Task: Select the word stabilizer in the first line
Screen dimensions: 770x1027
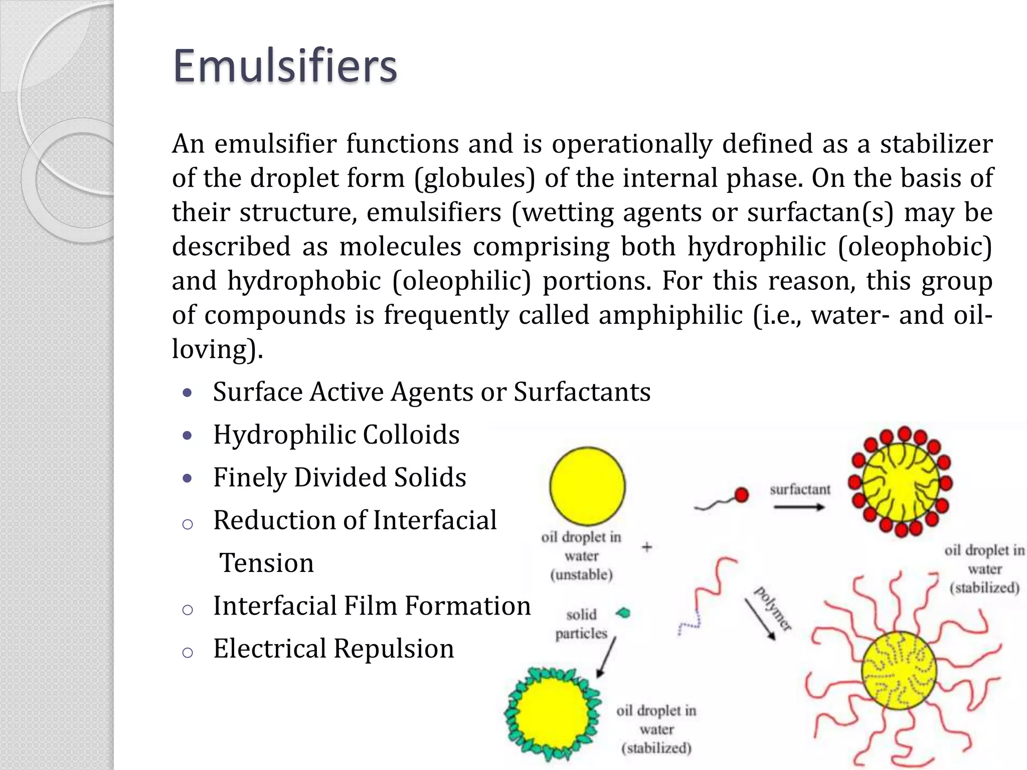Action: point(936,144)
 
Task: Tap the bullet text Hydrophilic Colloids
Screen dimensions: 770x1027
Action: point(336,435)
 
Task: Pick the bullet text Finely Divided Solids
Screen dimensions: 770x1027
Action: point(339,477)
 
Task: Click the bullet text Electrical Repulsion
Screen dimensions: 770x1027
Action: point(333,649)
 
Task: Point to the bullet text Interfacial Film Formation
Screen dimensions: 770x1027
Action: point(372,606)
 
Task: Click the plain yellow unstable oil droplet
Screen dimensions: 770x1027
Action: point(587,486)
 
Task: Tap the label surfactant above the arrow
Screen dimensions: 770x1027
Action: point(800,489)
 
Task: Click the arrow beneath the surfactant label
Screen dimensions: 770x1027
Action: point(799,507)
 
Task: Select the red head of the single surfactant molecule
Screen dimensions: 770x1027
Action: point(741,495)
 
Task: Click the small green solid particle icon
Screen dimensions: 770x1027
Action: point(623,613)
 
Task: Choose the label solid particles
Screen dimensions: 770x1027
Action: point(581,624)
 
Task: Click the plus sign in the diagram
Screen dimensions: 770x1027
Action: point(647,547)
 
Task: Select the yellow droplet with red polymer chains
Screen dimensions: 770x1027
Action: point(899,671)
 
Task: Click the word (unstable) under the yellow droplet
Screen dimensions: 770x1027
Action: point(582,574)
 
